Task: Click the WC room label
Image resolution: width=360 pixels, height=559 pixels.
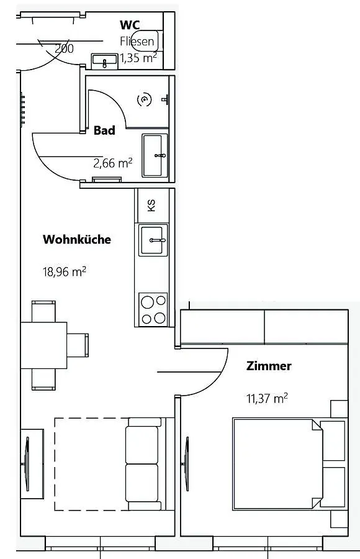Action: [130, 25]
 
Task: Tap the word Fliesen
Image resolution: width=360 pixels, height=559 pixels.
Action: [137, 42]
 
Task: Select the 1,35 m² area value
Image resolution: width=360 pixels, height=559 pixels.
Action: [138, 58]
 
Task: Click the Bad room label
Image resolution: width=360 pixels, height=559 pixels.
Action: [104, 130]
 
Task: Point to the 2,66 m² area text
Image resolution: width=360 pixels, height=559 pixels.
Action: [112, 163]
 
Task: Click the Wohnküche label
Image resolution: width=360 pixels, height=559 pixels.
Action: [76, 239]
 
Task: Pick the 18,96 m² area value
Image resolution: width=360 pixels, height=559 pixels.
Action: [64, 271]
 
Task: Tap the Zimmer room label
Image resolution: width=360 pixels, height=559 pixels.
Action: [269, 366]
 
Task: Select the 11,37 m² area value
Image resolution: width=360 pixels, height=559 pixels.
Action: [267, 398]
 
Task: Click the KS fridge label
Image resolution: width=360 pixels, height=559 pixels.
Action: [151, 206]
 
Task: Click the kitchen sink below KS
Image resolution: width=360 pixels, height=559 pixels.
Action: [153, 240]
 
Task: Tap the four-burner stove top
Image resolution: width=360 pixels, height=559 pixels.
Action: [153, 309]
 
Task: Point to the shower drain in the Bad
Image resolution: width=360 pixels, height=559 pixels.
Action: [145, 100]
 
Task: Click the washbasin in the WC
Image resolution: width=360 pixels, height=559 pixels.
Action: [104, 61]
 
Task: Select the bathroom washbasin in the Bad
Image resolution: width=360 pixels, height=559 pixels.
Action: [155, 155]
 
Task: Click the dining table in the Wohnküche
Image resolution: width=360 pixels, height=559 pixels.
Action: [44, 345]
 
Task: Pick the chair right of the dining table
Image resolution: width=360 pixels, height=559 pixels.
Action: [78, 345]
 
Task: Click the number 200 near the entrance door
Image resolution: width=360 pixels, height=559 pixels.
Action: [64, 48]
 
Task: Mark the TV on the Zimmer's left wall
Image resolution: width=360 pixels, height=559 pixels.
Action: [186, 463]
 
